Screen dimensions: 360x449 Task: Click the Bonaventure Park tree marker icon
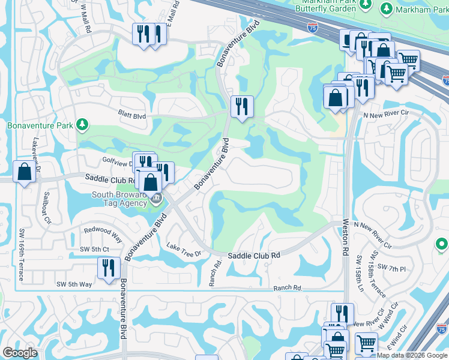(82, 125)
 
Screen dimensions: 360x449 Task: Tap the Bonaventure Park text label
(40, 125)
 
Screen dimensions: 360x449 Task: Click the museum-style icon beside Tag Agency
(156, 199)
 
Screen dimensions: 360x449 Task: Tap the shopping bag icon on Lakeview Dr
(24, 172)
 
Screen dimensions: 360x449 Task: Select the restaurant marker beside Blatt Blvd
(242, 107)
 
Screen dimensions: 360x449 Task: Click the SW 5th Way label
(74, 284)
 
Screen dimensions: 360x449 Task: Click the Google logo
(20, 353)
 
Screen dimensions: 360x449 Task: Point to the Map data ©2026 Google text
(412, 355)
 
